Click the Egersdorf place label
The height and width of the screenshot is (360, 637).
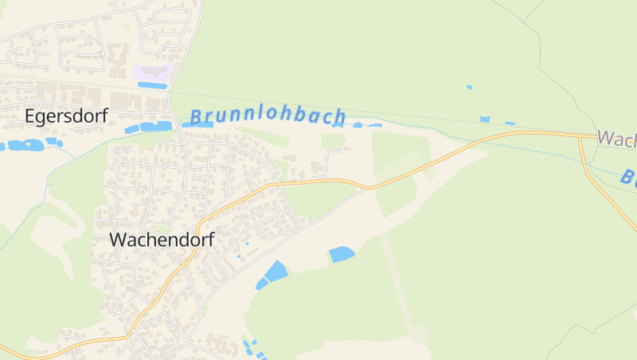pos(65,116)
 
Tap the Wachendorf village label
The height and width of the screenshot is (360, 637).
pos(162,239)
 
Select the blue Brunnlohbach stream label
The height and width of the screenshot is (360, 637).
pos(268,116)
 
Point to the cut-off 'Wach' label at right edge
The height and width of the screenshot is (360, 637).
pos(616,139)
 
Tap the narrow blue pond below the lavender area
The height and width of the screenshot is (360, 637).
pos(153,85)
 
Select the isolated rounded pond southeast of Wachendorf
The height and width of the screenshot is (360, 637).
pos(341,254)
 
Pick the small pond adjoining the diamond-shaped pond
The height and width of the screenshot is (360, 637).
pos(262,284)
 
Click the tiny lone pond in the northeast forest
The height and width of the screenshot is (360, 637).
pos(469,87)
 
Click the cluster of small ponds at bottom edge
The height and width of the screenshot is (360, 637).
pos(251,348)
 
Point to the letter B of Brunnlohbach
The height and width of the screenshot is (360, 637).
pos(196,118)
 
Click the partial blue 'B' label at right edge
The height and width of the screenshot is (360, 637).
pos(629,178)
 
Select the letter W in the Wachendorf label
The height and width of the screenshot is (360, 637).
pos(119,239)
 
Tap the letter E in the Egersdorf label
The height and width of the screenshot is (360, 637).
pos(31,116)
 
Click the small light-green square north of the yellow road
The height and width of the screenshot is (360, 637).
pos(333,142)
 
